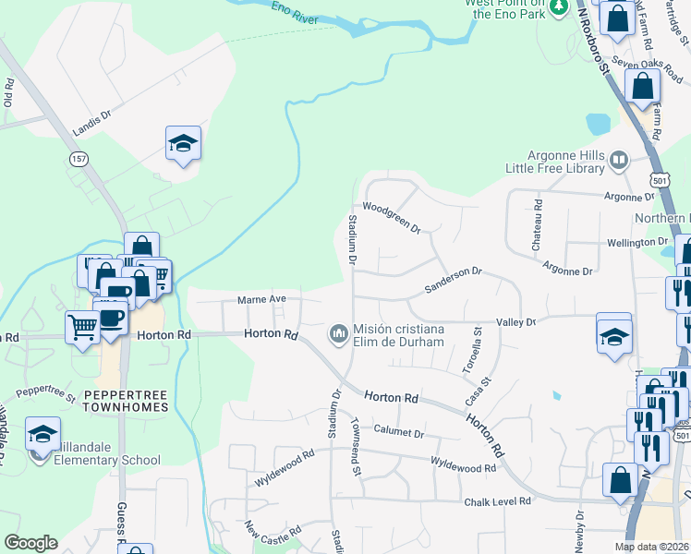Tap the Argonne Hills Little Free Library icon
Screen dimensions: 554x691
pos(618,162)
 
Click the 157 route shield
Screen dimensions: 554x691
pos(78,159)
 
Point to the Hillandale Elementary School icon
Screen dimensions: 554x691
pos(42,434)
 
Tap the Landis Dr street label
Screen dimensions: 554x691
pos(91,124)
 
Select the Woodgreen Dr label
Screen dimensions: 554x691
pos(391,217)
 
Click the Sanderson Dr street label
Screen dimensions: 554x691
pos(453,281)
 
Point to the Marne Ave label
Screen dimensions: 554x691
pos(262,299)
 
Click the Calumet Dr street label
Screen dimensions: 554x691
pos(399,432)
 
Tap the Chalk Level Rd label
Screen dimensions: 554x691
pos(499,501)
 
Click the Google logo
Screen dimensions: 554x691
pos(30,542)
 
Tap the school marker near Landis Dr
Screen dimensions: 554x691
pos(183,144)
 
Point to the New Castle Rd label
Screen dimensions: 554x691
pos(273,533)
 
